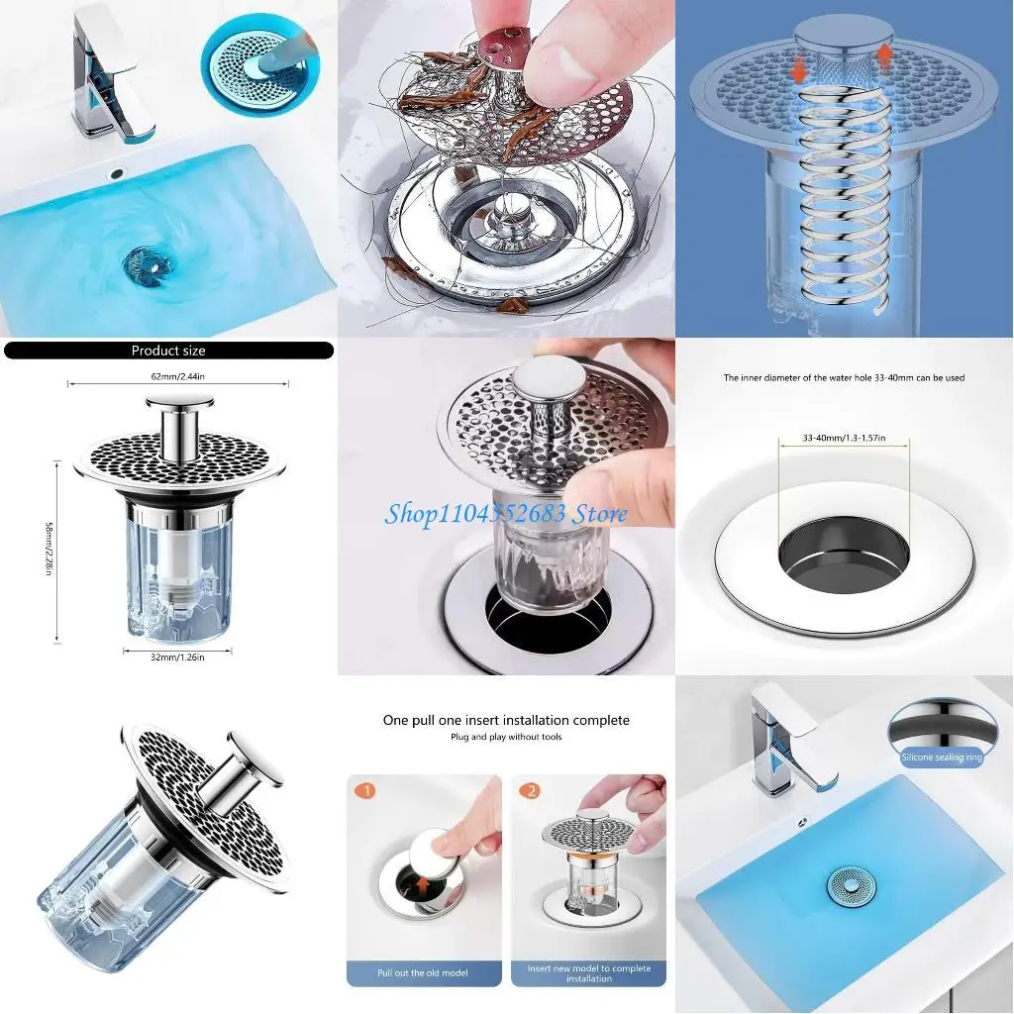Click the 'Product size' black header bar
coord(168,351)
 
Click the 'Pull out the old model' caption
coord(423,973)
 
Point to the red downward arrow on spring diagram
coord(797,70)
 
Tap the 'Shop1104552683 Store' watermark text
coord(505,513)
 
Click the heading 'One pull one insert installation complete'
coord(506,720)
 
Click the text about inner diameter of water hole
coord(844,378)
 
